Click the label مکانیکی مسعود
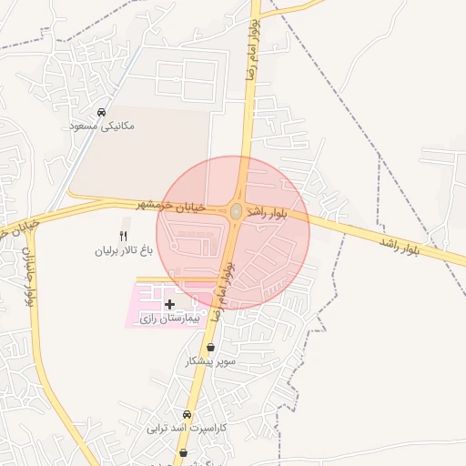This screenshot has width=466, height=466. click(102, 125)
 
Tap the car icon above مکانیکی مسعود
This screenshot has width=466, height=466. click(101, 111)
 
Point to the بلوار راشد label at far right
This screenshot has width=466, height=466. click(400, 246)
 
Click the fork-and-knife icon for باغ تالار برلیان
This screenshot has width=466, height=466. click(125, 236)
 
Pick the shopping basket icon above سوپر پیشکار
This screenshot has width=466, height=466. click(211, 347)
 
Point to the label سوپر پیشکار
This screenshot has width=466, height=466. click(210, 361)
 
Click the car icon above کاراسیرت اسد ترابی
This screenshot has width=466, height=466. click(187, 414)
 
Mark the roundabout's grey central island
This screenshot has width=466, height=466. click(236, 211)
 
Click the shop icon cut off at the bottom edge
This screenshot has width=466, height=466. click(184, 453)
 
